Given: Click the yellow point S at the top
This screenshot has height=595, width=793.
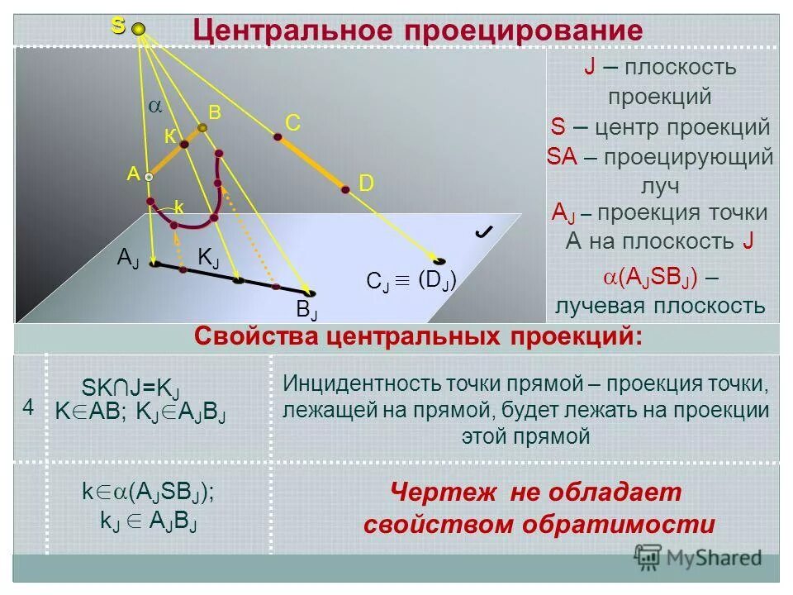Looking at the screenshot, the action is (x=139, y=30).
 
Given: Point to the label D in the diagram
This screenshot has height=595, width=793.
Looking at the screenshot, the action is (x=366, y=183).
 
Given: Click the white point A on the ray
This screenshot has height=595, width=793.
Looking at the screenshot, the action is (x=149, y=176).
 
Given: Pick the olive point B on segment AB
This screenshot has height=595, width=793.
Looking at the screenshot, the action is (x=202, y=128).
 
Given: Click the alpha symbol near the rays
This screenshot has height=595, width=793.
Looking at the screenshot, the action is (x=154, y=107).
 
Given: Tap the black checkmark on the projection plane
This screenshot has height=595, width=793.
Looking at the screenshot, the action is (x=485, y=234).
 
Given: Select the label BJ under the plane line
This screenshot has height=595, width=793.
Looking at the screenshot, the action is (x=307, y=311).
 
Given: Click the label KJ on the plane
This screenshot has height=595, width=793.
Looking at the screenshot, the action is (x=208, y=258).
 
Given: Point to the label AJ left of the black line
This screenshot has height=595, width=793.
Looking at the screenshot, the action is (x=128, y=258).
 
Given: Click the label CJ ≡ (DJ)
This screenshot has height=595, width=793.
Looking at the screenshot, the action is (x=411, y=281).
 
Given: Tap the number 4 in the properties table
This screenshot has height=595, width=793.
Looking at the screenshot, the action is (x=28, y=407).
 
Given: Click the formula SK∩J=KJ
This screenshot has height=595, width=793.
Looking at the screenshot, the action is (x=131, y=388).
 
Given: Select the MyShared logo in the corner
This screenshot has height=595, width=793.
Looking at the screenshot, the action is (x=698, y=556).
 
